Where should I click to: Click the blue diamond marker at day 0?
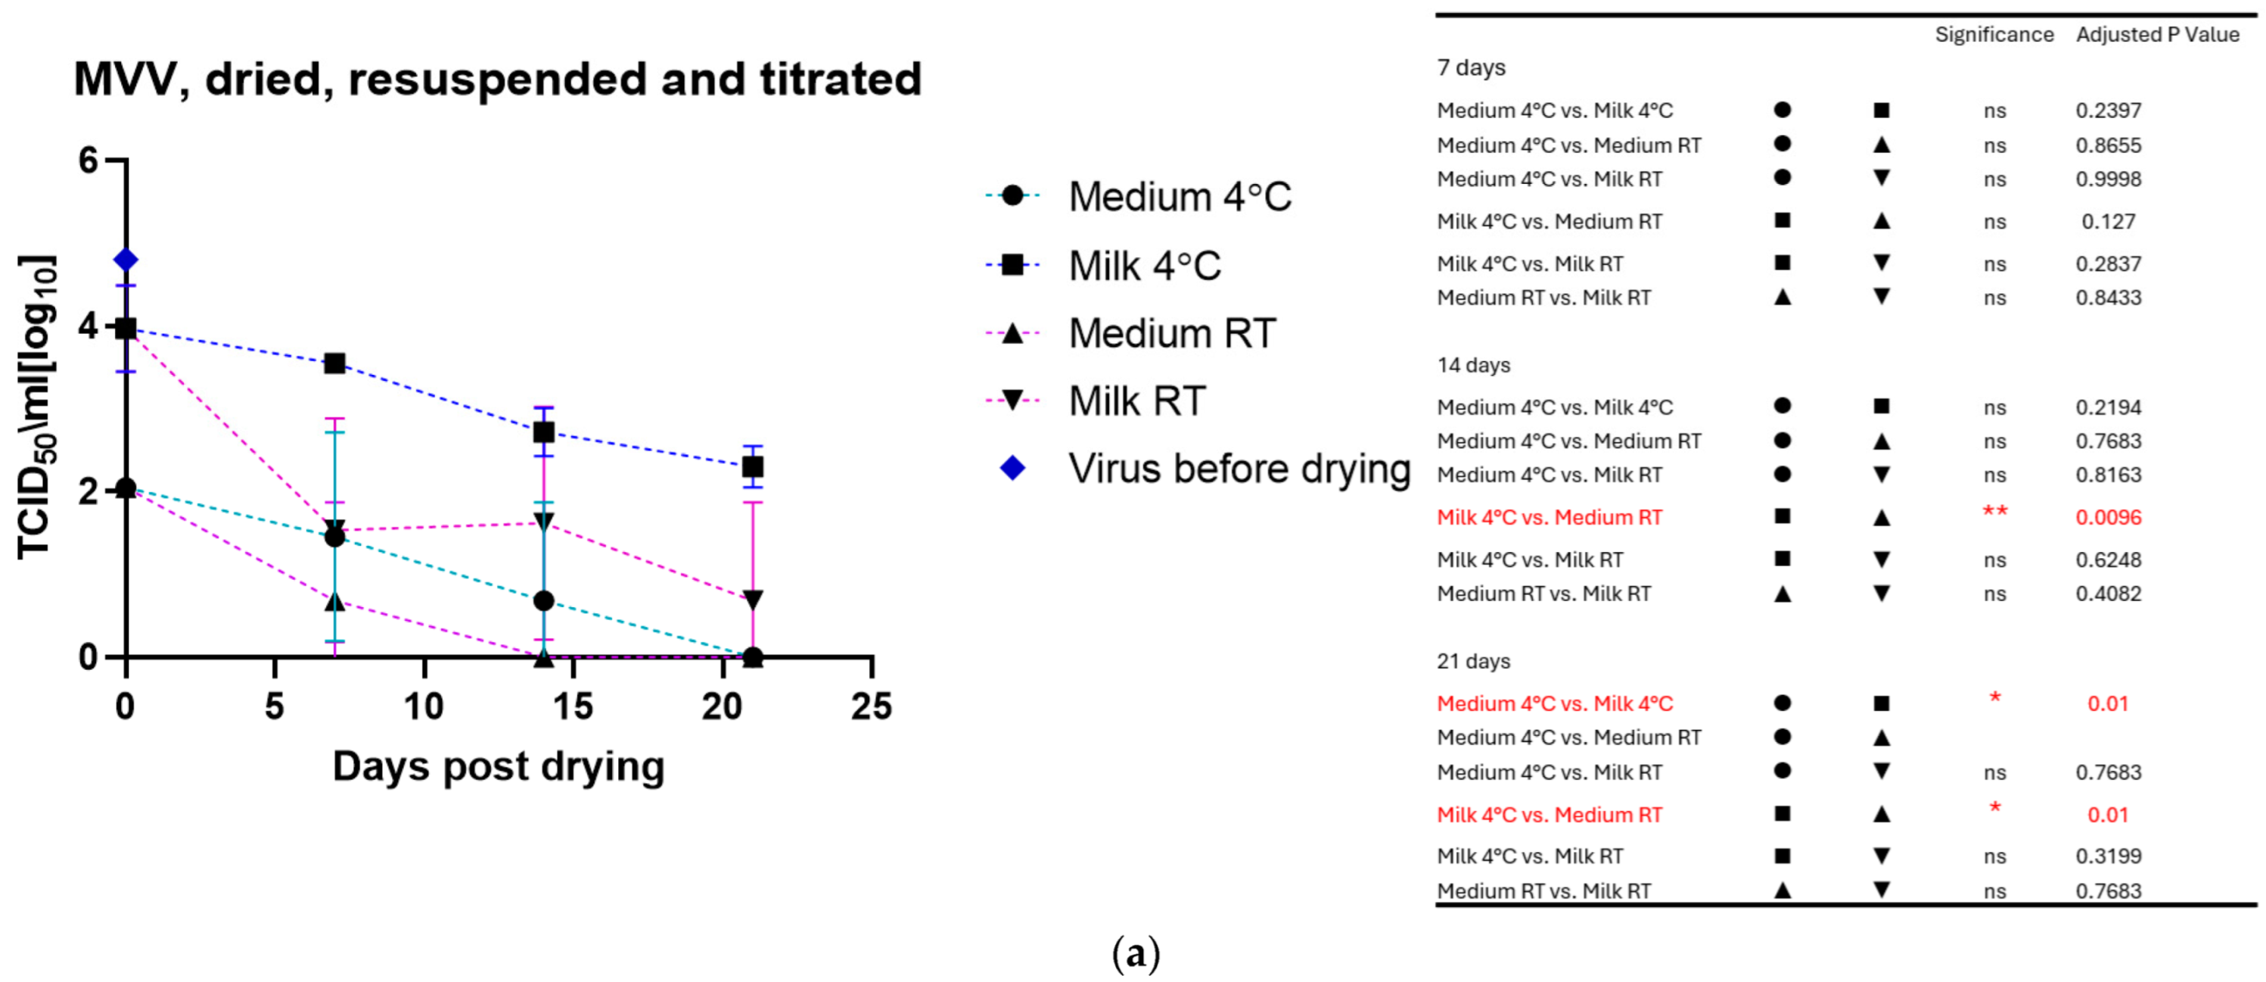tap(126, 260)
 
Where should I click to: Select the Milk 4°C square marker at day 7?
tap(334, 363)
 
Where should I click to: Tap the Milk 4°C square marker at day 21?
tap(753, 466)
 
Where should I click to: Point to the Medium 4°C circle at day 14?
tap(544, 601)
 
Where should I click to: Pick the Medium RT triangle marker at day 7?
tap(334, 603)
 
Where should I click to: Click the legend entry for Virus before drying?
tap(1239, 468)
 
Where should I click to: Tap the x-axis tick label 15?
tap(573, 706)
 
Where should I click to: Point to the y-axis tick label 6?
tap(88, 161)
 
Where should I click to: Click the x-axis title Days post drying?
tap(498, 766)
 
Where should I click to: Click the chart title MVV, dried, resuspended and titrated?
tap(498, 79)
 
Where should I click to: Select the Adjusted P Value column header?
tap(2157, 34)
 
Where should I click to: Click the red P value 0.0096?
tap(2108, 517)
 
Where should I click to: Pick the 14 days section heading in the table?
tap(1473, 364)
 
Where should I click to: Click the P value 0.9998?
tap(2108, 179)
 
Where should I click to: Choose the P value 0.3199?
tap(2108, 856)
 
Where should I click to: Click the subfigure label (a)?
tap(1136, 954)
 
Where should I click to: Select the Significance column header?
tap(1994, 34)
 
